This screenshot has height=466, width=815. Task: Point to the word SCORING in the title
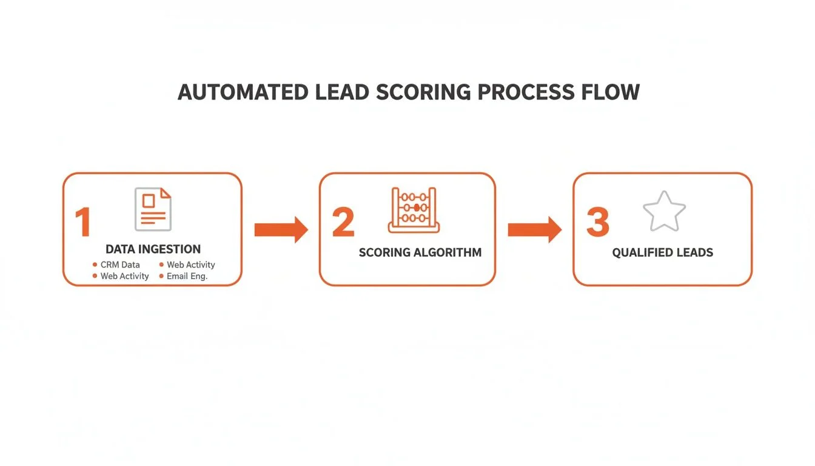(423, 92)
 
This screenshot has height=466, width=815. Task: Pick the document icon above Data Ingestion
(153, 209)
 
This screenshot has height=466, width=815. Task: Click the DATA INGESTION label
(153, 249)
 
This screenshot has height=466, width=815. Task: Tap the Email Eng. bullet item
(187, 276)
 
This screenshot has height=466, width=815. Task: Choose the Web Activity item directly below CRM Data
(124, 276)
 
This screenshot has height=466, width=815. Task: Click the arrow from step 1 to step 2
(281, 229)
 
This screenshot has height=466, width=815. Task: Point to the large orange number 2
(343, 222)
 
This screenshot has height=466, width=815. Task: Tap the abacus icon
(414, 210)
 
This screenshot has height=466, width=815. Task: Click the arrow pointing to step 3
(534, 229)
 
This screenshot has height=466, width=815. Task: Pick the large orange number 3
(597, 222)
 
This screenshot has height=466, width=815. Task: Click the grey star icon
(664, 211)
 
